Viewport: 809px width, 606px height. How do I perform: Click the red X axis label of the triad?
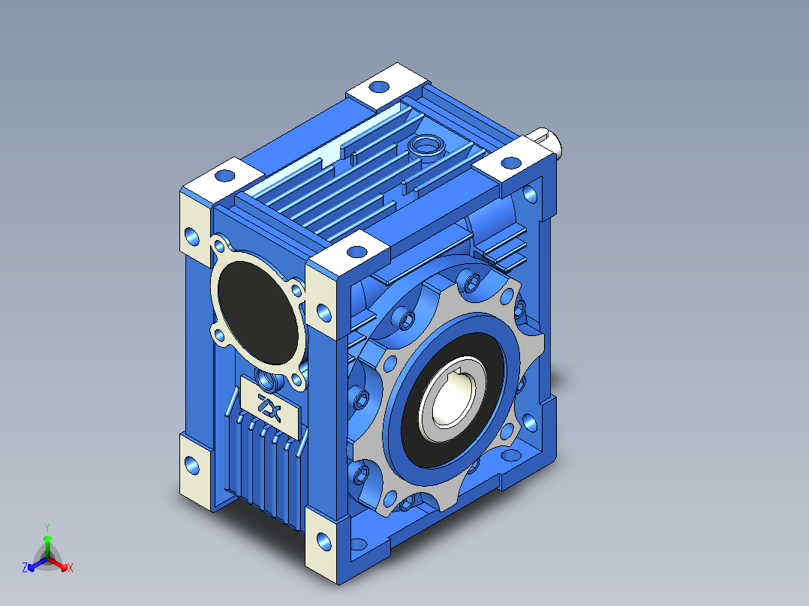tap(71, 568)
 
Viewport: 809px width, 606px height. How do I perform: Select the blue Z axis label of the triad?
tap(25, 568)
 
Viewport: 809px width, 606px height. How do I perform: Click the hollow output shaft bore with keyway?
tap(451, 394)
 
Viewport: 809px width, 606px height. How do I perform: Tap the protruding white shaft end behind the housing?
tap(548, 141)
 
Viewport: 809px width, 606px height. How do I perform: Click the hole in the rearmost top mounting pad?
tap(379, 87)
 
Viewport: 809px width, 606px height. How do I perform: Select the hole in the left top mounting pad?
tap(224, 175)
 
